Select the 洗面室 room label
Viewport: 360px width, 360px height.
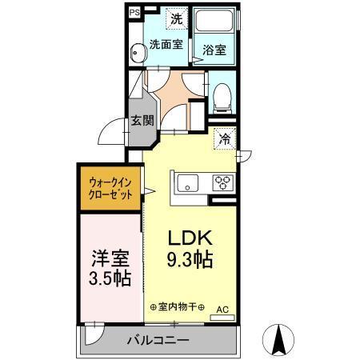click(166, 44)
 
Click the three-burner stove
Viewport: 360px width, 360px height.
click(222, 183)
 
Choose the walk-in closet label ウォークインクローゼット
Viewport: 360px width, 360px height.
click(110, 192)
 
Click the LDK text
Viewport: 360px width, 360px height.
click(190, 238)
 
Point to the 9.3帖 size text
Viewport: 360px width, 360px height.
click(190, 260)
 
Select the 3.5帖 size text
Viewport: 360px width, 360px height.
click(108, 282)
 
